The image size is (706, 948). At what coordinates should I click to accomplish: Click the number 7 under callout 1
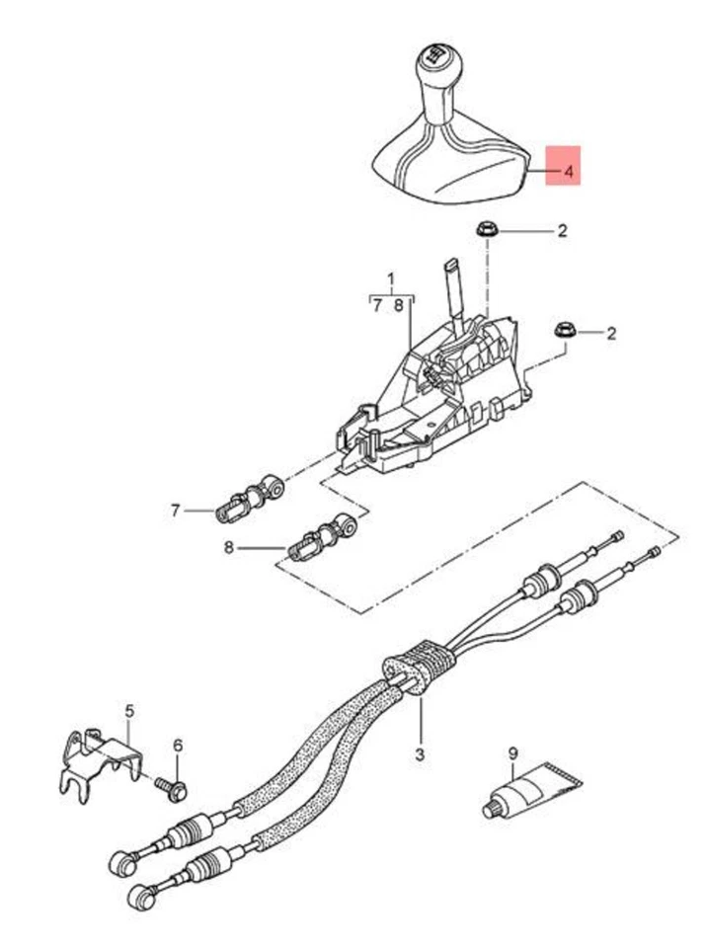[x=377, y=306]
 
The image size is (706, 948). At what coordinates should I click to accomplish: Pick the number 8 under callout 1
[x=399, y=306]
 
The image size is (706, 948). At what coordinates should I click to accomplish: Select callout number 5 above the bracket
[x=128, y=710]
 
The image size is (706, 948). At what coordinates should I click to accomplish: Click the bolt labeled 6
[x=175, y=786]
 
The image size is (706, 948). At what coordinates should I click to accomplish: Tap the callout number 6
[x=178, y=745]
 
